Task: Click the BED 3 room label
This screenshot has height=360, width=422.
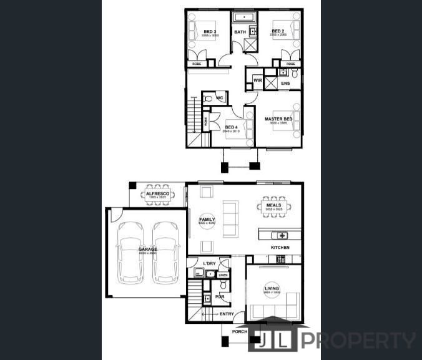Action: coord(210,32)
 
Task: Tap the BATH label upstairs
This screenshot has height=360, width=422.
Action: coord(240,32)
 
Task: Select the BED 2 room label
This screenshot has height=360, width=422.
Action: coord(278,31)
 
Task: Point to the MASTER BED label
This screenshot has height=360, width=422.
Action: coord(278,119)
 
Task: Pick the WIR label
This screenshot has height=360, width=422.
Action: coord(257,80)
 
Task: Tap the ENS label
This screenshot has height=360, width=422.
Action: coord(285,83)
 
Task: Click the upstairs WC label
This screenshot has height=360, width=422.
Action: coord(220,98)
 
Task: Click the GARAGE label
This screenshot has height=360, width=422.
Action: coord(147,249)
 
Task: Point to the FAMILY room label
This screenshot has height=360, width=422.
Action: coord(207,220)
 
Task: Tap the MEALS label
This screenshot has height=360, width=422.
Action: coord(273,205)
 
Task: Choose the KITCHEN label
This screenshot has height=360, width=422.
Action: coord(280,248)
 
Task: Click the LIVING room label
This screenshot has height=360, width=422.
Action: coord(272,288)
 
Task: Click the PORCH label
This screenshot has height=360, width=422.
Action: coord(239,332)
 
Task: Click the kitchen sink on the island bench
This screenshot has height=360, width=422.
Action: coord(282,235)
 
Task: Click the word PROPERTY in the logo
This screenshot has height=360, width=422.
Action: coord(360,341)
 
